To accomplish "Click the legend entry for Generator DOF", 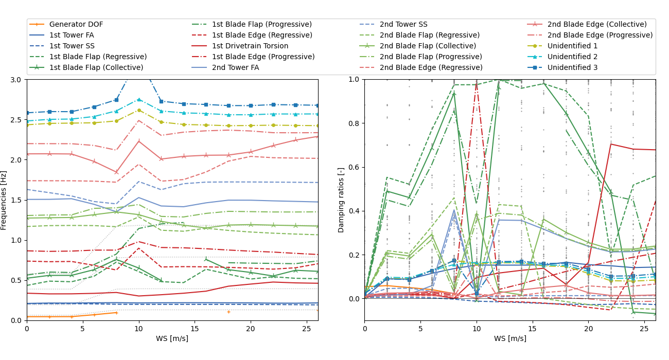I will pos(76,24).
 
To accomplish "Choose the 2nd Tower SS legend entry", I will pos(403,24).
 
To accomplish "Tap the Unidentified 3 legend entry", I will pos(572,67).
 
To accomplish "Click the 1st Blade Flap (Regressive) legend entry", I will pos(98,57).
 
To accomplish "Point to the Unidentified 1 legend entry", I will pos(572,46).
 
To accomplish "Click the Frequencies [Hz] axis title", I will pos(4,200).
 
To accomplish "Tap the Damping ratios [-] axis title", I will pos(341,200).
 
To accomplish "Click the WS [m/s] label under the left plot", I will pos(172,338).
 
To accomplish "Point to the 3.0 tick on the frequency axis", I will pos(17,80).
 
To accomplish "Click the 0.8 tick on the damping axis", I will pos(354,123).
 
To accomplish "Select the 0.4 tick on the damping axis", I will pos(354,211).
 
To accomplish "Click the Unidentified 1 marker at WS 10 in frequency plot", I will pos(139,110).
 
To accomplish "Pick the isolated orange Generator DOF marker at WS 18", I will pos(228,312).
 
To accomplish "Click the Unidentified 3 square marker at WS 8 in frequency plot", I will pos(116,100).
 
